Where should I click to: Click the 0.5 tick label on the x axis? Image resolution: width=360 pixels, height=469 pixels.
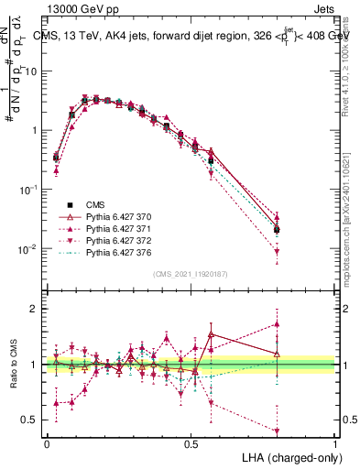coord(191,442)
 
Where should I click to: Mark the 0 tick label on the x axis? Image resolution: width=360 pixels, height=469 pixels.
coord(47,442)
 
